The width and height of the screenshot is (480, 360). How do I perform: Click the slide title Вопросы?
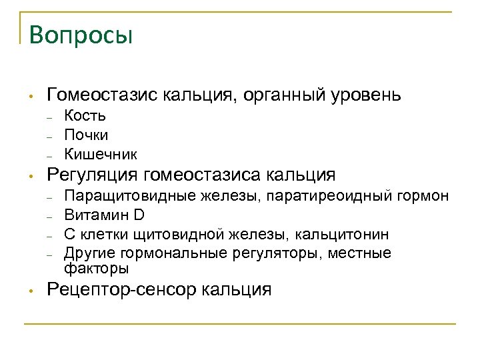pyautogui.click(x=81, y=35)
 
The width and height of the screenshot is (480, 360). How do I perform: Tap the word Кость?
pyautogui.click(x=85, y=116)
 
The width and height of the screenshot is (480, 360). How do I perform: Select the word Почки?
pyautogui.click(x=86, y=135)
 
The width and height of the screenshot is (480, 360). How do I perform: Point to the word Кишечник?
pyautogui.click(x=101, y=155)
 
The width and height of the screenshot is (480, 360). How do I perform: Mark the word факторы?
pyautogui.click(x=97, y=269)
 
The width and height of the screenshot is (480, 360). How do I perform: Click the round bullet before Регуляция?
pyautogui.click(x=30, y=177)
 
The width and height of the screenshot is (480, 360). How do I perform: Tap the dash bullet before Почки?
pyautogui.click(x=50, y=136)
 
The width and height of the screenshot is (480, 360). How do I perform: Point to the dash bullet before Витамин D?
pyautogui.click(x=50, y=216)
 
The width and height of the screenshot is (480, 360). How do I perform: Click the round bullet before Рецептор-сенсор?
pyautogui.click(x=30, y=290)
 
